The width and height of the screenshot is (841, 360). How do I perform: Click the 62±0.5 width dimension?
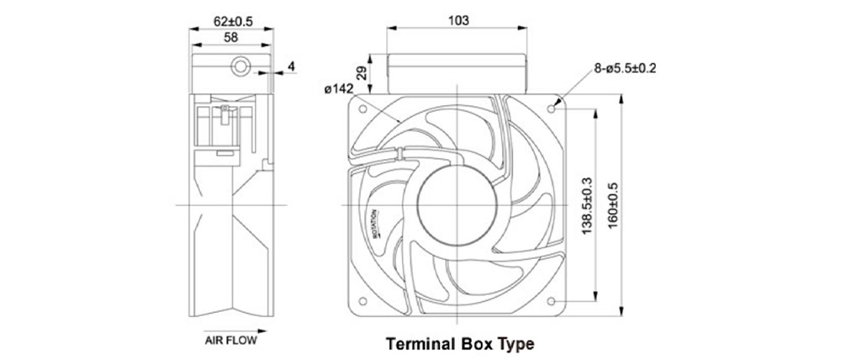pyautogui.click(x=233, y=22)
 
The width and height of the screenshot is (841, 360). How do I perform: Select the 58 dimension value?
pyautogui.click(x=231, y=37)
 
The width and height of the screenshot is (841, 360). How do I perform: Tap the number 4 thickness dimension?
pyautogui.click(x=291, y=66)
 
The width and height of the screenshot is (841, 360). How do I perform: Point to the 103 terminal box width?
pyautogui.click(x=458, y=21)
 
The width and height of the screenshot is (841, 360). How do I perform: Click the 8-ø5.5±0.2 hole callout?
pyautogui.click(x=624, y=68)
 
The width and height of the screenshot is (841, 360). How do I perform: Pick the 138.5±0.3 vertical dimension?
pyautogui.click(x=587, y=205)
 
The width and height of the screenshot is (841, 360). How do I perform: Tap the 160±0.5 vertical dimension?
pyautogui.click(x=613, y=206)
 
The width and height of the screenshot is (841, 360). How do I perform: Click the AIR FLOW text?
pyautogui.click(x=230, y=340)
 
